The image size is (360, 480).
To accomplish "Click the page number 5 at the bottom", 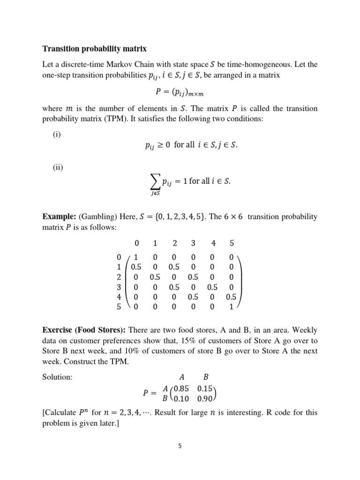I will coord(180,446).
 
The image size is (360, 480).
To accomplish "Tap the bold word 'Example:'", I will coord(60,217).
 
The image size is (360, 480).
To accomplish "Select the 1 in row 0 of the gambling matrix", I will coord(136,257).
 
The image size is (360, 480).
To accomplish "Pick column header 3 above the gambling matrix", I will coord(193,243).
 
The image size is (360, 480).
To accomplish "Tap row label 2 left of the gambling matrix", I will coord(119,277).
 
